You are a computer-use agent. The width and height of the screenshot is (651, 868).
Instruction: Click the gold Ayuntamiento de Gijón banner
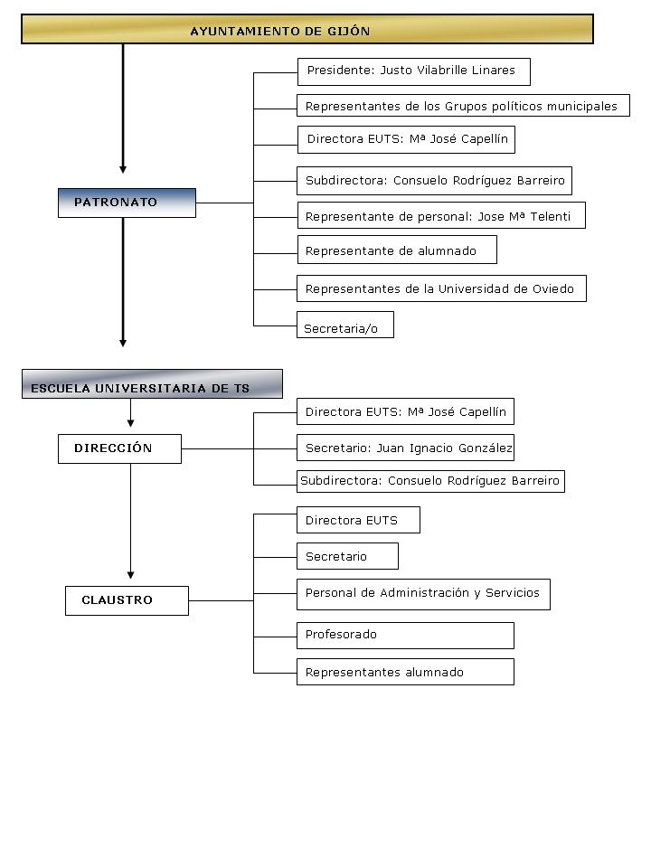[307, 29]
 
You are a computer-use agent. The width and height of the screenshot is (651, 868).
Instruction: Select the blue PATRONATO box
[127, 203]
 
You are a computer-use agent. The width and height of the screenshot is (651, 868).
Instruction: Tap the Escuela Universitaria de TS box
[152, 383]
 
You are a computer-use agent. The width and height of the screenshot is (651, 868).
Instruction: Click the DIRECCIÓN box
[119, 448]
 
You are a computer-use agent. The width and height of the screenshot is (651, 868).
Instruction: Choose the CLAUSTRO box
[127, 600]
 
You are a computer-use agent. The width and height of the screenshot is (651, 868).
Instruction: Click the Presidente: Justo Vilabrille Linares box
[414, 72]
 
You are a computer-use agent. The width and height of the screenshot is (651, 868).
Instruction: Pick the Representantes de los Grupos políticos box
[463, 105]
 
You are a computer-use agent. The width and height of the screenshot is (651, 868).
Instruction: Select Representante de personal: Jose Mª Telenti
[441, 215]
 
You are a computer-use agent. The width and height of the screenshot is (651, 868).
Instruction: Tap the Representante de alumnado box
[397, 250]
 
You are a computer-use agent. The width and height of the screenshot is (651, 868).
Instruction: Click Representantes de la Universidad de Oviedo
[441, 288]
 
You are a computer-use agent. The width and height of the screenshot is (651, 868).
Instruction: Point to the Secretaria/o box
[345, 325]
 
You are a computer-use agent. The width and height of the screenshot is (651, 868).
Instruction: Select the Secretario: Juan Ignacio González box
[405, 448]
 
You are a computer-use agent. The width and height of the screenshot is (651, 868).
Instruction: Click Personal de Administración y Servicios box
[423, 595]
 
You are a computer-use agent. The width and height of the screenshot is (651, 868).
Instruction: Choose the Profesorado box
[405, 636]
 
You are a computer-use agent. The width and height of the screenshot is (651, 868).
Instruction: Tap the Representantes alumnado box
[405, 672]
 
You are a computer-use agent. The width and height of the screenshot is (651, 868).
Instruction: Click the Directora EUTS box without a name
[358, 520]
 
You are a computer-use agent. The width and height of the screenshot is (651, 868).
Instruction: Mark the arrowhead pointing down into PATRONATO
[123, 169]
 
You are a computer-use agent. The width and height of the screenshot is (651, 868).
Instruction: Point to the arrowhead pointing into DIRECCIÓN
[130, 423]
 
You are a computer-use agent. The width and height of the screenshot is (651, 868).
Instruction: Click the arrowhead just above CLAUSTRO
[130, 575]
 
